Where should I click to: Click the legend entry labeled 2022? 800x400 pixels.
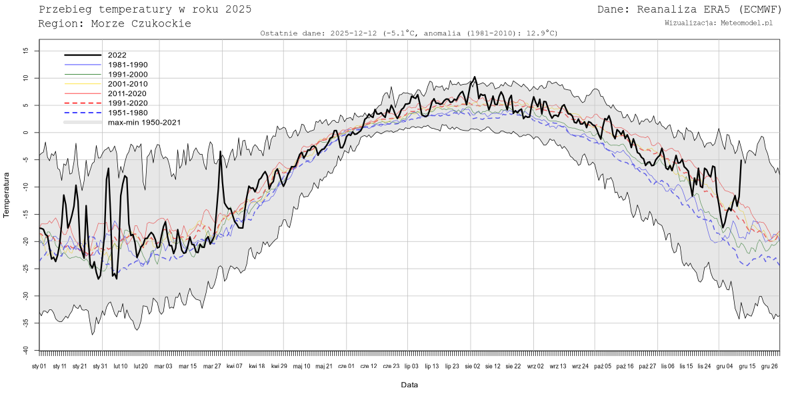(117, 55)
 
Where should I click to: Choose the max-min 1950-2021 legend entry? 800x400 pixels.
(144, 123)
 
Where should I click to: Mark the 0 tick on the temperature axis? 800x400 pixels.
(27, 133)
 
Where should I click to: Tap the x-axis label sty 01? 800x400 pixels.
(39, 366)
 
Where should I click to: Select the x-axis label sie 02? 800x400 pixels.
(473, 366)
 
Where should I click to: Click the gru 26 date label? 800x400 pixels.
(769, 366)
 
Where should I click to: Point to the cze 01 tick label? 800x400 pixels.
(347, 366)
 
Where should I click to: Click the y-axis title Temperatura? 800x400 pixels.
(7, 195)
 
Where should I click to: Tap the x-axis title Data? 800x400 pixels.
(409, 385)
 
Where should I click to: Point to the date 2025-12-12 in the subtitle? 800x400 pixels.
(353, 33)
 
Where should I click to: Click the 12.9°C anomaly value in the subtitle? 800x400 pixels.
(541, 33)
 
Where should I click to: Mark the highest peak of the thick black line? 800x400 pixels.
(474, 77)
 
